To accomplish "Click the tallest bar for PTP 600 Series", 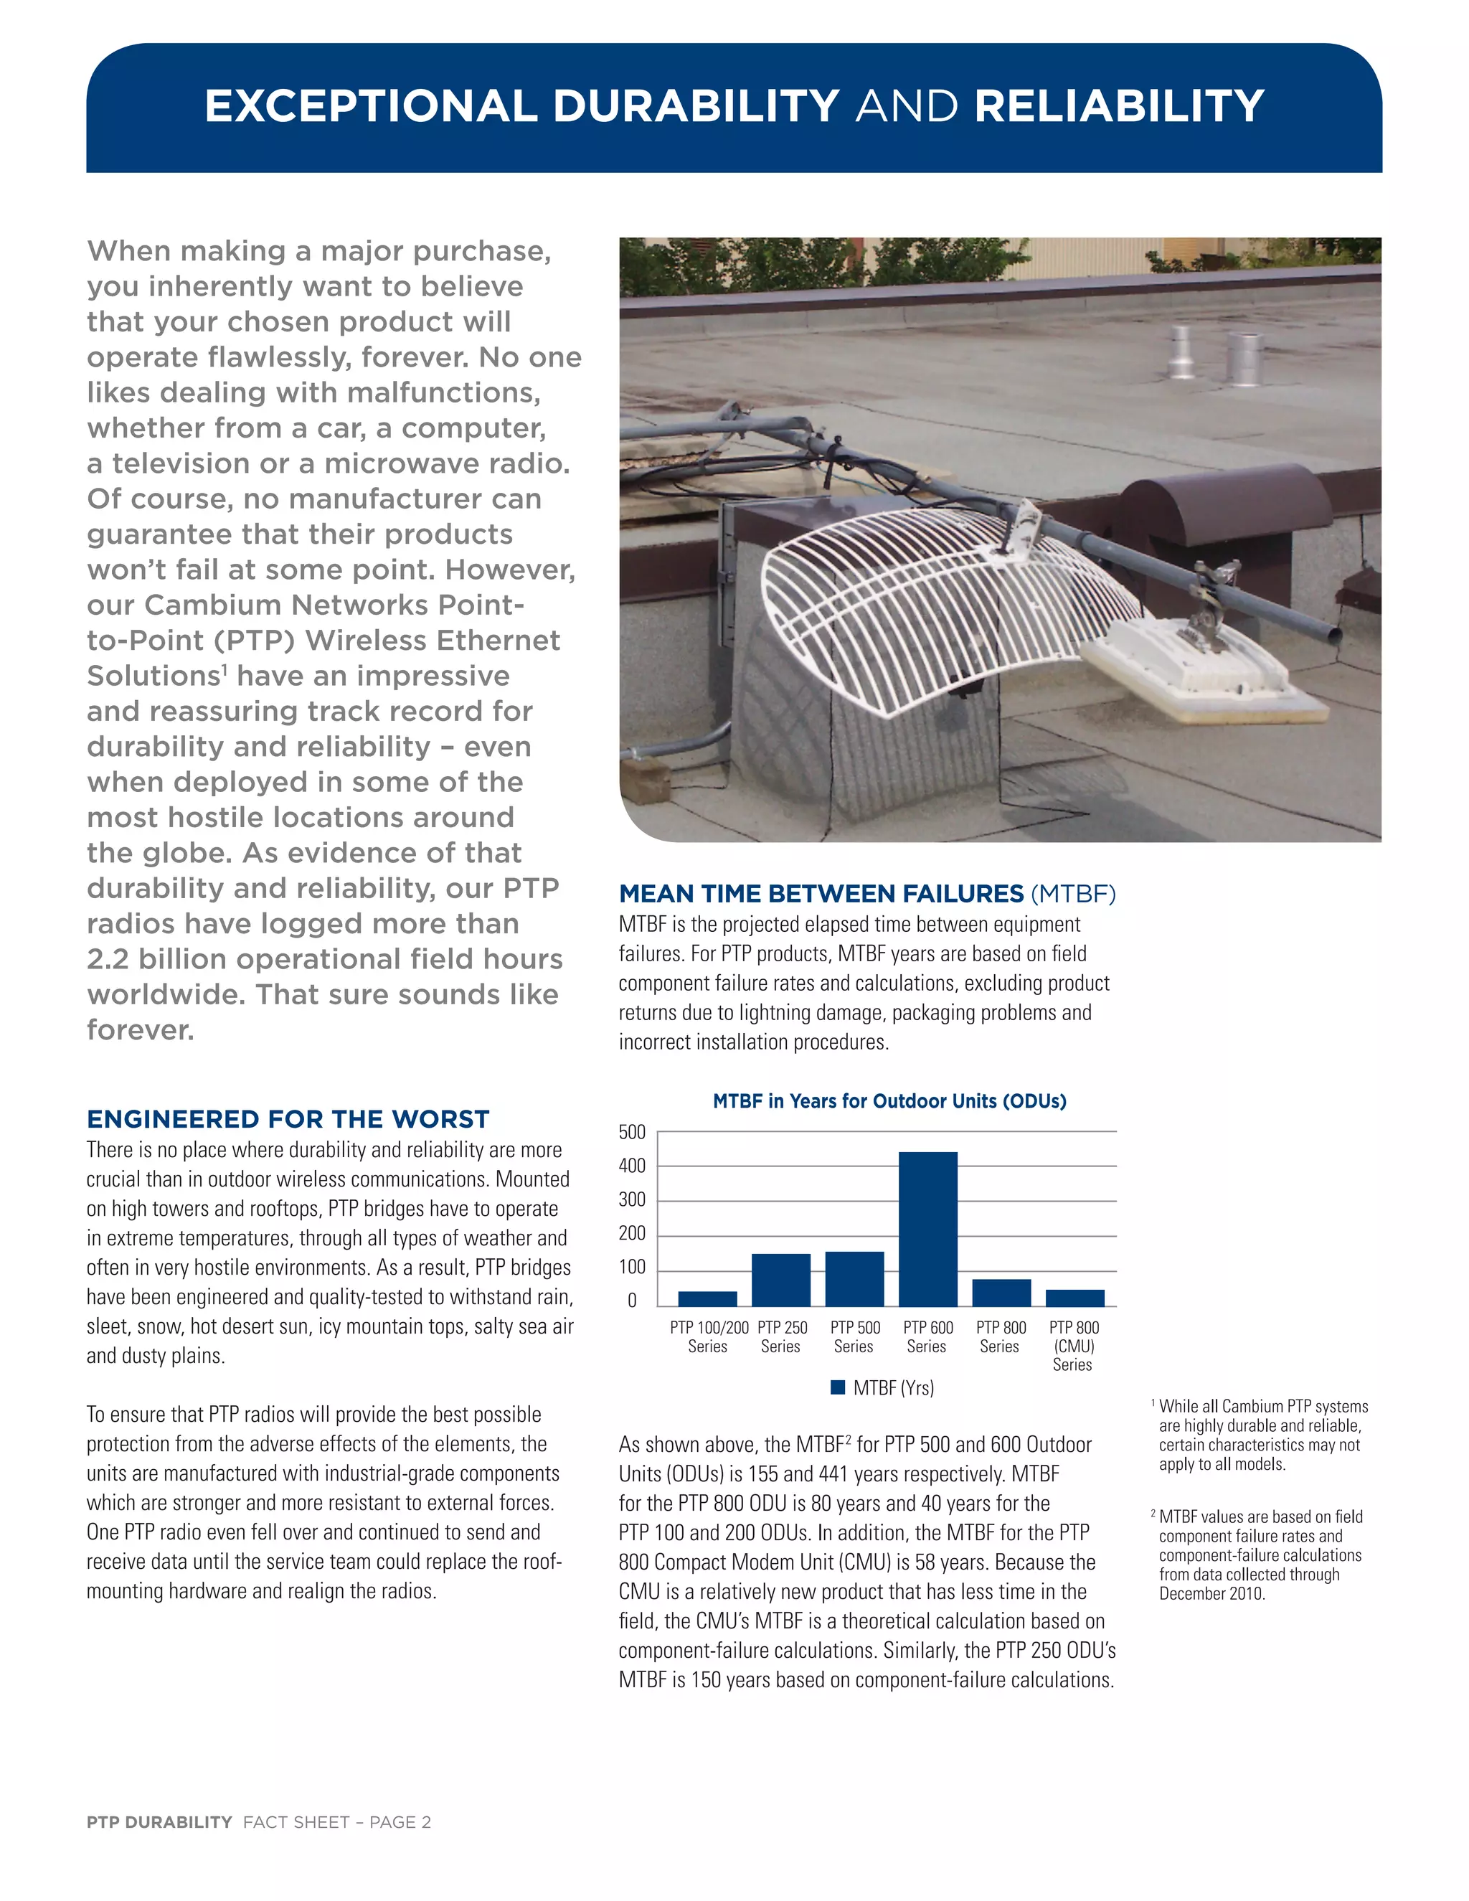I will [x=927, y=1228].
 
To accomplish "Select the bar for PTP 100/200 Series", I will [x=707, y=1298].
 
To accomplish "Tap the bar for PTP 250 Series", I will [x=780, y=1280].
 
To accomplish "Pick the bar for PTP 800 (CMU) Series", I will [x=1074, y=1298].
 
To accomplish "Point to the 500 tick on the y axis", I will [x=633, y=1133].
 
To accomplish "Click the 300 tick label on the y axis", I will [x=633, y=1200].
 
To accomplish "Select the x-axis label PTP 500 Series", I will [x=854, y=1337].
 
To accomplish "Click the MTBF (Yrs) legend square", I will [x=838, y=1387].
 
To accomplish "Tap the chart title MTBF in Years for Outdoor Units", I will [x=889, y=1101].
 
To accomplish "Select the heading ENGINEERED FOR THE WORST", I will [x=288, y=1119].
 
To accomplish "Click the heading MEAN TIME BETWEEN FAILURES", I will [x=821, y=894].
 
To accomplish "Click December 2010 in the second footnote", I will [x=1211, y=1594].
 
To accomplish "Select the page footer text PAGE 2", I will [x=400, y=1823].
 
